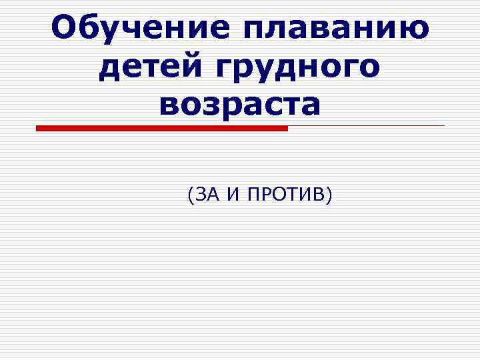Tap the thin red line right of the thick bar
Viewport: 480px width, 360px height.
tap(367, 125)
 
